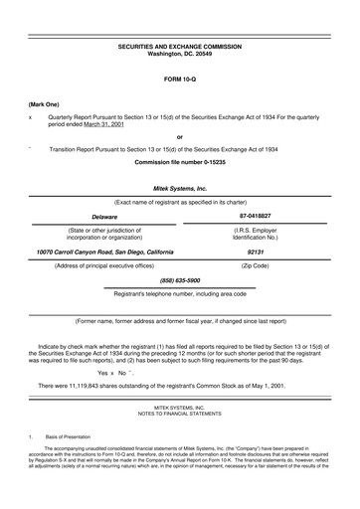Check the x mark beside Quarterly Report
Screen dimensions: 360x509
pyautogui.click(x=31, y=117)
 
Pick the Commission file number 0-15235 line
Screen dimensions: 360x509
pyautogui.click(x=179, y=161)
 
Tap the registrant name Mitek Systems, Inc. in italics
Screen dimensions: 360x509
pyautogui.click(x=179, y=187)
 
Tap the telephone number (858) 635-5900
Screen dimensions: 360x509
pyautogui.click(x=179, y=281)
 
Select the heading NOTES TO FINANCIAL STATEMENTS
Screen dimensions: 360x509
pyautogui.click(x=179, y=414)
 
